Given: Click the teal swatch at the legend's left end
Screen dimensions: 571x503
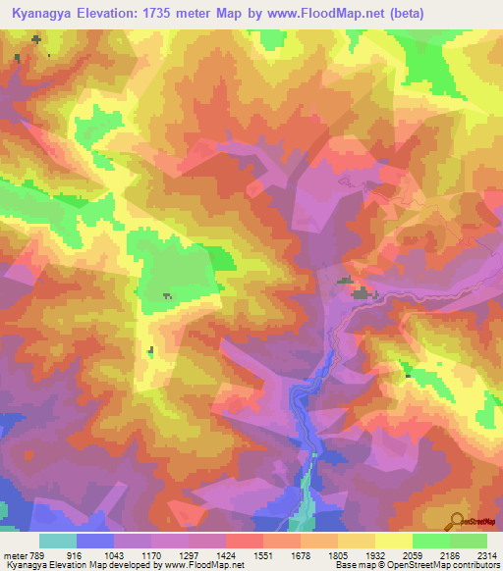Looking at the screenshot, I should [x=58, y=541].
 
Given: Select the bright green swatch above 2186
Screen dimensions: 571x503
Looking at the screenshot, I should [x=430, y=541].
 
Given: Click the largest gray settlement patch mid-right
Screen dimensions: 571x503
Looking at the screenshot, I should [x=364, y=292].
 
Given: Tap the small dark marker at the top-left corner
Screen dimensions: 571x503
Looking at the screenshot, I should [x=36, y=39].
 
